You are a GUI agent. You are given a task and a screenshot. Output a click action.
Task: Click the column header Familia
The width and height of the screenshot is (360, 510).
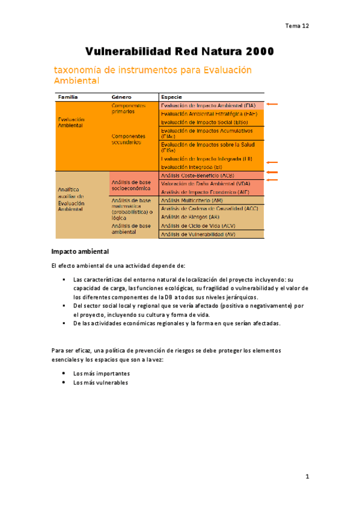click(x=67, y=97)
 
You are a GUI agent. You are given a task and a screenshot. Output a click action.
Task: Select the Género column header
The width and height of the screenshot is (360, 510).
click(x=122, y=97)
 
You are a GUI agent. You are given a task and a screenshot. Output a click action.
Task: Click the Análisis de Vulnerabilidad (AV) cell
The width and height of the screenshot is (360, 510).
click(x=198, y=233)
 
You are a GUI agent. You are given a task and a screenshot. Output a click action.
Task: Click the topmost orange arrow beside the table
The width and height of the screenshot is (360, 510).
click(x=272, y=105)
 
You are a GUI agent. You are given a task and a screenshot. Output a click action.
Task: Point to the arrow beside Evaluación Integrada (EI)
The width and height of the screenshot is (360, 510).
click(x=272, y=162)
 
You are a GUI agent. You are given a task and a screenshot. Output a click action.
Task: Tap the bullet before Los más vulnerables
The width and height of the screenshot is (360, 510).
click(x=64, y=382)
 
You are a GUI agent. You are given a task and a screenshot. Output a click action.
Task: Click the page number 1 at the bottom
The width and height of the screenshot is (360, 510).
click(x=307, y=477)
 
